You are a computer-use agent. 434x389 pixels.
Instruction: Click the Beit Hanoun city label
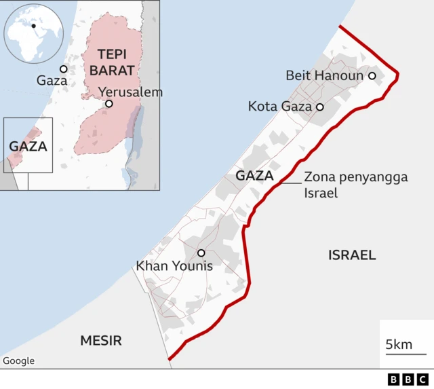tap(324, 75)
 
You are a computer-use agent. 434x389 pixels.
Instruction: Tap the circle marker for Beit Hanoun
tap(372, 75)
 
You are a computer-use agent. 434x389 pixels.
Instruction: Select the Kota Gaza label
tap(279, 107)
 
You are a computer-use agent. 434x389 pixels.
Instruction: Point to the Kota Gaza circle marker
tap(320, 107)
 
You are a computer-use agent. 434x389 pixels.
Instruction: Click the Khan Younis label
tap(174, 266)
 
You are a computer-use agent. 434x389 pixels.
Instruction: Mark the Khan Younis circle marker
tap(201, 253)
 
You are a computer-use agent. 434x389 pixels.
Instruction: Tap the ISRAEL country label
tap(352, 255)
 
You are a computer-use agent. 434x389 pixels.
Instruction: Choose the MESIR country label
tap(101, 340)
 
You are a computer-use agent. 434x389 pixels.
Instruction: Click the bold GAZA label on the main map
tap(254, 177)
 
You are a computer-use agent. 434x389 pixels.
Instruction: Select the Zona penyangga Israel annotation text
tap(355, 185)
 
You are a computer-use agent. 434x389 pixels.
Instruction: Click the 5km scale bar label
tap(399, 344)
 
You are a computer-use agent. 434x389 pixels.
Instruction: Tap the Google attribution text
tap(18, 361)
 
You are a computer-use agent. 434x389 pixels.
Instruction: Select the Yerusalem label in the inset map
tap(130, 92)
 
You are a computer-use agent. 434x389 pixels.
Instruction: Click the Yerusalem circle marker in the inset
tap(108, 104)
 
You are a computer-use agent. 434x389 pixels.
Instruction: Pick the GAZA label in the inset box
tap(28, 146)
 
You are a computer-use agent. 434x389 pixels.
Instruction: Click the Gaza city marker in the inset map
tap(63, 69)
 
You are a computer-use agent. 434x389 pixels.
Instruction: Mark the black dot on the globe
tap(33, 26)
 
